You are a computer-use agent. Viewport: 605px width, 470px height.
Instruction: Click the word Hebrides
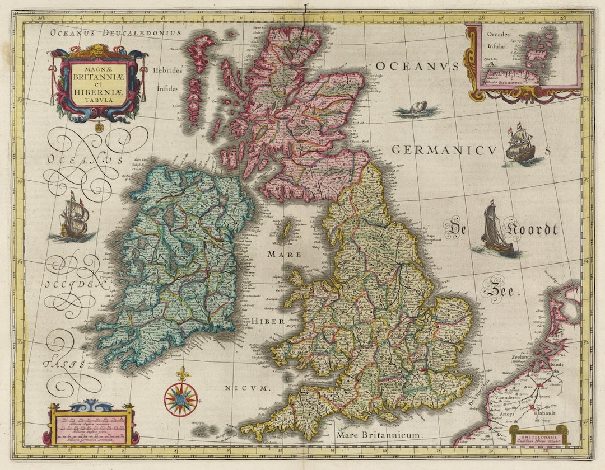(167, 71)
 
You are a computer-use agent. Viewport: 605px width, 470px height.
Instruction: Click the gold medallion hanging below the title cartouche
(99, 127)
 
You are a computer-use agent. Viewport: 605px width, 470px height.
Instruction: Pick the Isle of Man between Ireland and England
(288, 229)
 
